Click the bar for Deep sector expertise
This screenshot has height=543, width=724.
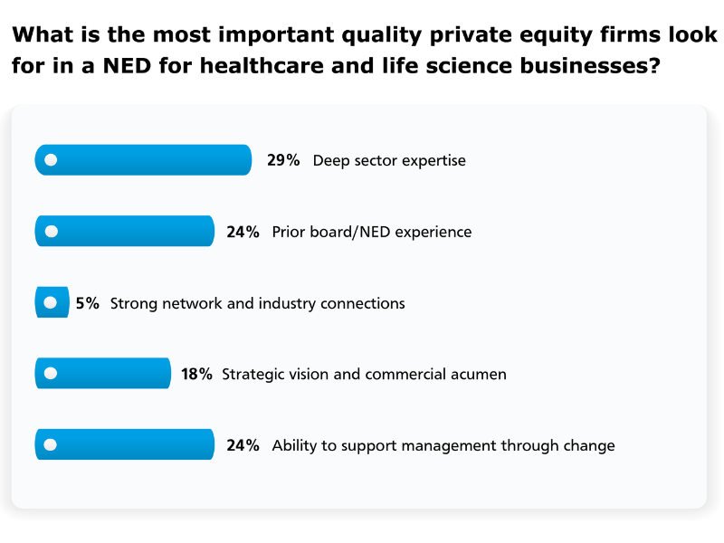coord(143,160)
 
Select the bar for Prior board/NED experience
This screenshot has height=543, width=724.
coord(124,231)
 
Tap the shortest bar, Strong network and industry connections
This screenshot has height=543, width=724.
coord(52,302)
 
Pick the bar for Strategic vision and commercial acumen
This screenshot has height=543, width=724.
coord(102,373)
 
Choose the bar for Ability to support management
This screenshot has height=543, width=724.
coord(124,444)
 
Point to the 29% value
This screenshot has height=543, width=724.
coord(283,160)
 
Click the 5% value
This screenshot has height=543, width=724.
coord(88,303)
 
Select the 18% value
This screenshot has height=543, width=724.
coord(196,374)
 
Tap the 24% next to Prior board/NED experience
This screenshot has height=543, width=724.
coord(243,232)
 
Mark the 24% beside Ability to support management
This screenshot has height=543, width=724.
coord(243,445)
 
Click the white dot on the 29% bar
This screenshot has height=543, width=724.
coord(51,160)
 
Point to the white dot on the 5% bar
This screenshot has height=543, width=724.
coord(51,302)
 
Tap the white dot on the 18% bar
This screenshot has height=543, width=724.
coord(51,373)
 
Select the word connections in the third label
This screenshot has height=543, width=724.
coord(362,303)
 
